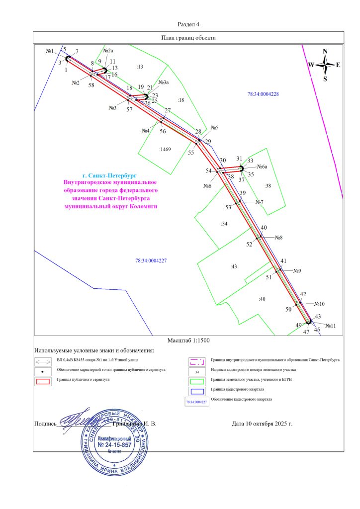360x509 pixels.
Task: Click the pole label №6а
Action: point(262,167)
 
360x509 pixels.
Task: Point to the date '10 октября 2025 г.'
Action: point(262,424)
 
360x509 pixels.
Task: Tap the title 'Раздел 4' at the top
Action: point(188,24)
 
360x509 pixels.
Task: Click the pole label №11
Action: point(330,326)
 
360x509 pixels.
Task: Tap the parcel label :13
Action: point(140,67)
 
